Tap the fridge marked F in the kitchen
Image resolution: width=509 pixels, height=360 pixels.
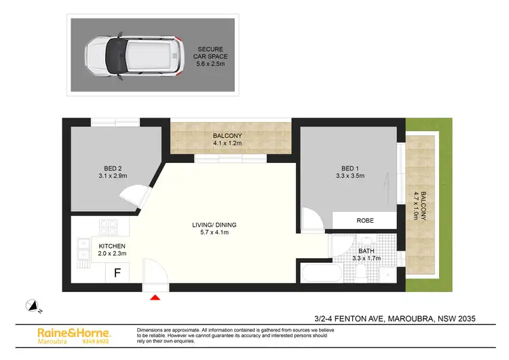point(117,274)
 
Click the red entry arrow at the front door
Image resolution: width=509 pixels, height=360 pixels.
point(155,297)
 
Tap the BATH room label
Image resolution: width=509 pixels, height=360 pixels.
point(366,254)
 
